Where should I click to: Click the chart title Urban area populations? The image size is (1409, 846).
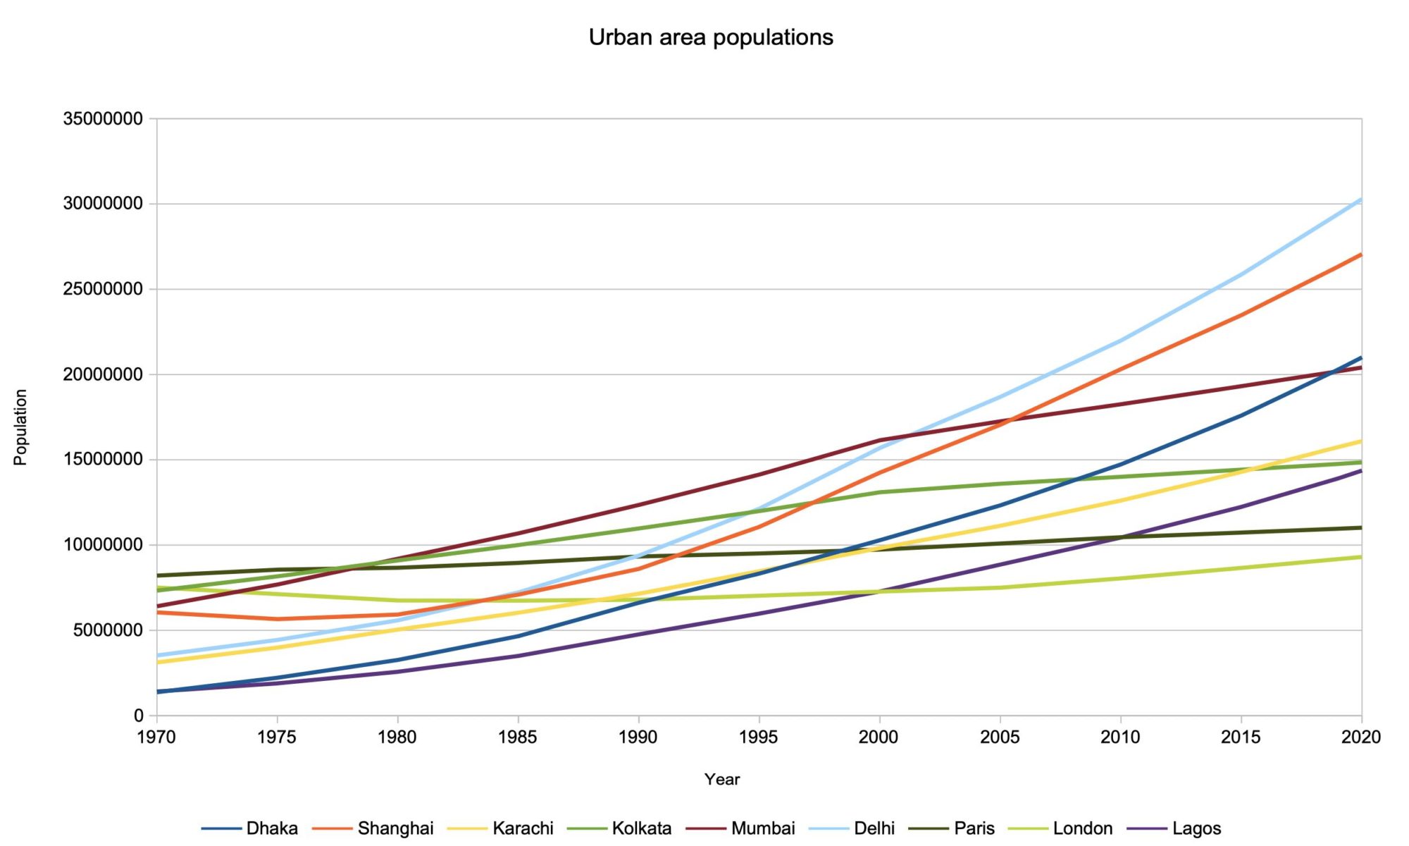711,37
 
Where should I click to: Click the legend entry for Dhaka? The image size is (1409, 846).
272,828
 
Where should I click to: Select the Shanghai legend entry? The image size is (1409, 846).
395,828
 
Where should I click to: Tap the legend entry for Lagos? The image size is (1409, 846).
1196,828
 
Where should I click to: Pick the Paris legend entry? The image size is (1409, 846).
974,828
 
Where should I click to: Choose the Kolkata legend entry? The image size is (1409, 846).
641,828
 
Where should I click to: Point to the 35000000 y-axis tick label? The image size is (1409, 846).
103,118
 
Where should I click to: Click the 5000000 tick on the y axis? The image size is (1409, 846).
108,630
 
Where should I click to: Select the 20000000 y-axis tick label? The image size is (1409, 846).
103,374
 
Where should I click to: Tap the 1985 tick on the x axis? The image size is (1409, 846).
518,737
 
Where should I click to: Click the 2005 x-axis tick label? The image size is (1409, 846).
1000,737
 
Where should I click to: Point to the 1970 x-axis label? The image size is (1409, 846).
156,737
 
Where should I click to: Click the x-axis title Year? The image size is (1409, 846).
722,779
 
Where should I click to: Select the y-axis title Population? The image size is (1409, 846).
20,427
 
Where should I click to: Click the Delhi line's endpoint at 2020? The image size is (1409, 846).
1361,200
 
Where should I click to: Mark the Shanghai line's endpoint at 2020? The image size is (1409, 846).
1361,254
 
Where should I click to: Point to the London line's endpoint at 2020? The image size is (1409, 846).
1361,557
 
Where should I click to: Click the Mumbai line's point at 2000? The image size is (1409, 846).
879,440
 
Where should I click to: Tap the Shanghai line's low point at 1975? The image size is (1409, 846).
277,619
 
